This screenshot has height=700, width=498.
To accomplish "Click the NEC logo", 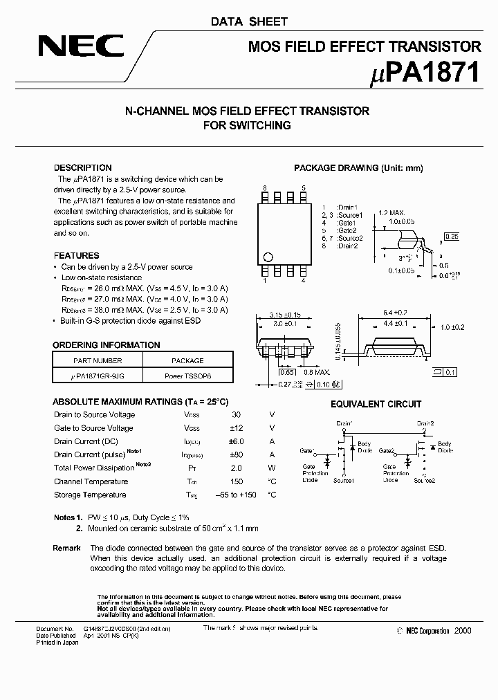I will (81, 47).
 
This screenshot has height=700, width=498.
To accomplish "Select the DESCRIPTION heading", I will (82, 168).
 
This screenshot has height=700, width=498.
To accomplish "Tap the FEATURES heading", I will (76, 255).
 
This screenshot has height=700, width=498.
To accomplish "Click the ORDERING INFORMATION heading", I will (107, 345).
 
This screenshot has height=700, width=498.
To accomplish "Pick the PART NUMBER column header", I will (98, 360).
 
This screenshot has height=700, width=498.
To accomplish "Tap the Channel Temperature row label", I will (90, 481).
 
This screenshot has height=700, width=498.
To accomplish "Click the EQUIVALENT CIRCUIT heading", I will (376, 404).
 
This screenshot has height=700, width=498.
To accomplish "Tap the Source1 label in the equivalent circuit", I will (344, 480).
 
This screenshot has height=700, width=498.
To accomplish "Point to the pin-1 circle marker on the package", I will (270, 255).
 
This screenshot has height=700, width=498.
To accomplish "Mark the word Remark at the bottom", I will (67, 548).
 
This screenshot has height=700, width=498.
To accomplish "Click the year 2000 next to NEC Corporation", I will (463, 631).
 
